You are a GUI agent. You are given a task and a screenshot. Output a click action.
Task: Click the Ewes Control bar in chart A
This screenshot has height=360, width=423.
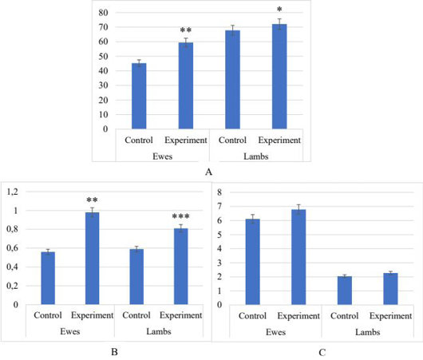point(139,96)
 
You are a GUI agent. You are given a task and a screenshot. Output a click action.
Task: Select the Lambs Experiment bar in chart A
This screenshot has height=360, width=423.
point(279,77)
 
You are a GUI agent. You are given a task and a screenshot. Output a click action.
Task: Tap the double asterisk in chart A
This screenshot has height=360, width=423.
point(186,30)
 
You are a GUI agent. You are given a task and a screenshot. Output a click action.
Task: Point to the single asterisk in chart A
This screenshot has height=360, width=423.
point(279,9)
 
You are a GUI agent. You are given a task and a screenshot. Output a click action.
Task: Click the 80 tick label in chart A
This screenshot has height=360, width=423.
point(103,13)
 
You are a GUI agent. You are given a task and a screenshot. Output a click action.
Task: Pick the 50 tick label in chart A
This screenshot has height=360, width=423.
point(103,57)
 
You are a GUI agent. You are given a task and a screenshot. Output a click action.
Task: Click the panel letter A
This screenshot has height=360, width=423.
point(208,172)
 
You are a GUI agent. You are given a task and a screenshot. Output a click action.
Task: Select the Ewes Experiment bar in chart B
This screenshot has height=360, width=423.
point(93,259)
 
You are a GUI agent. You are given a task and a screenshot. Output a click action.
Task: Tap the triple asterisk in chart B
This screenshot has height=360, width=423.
point(180,216)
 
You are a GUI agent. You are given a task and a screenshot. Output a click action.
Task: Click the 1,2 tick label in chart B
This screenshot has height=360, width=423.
point(13,192)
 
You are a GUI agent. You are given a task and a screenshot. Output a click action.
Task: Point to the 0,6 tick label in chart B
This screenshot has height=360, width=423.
point(13,248)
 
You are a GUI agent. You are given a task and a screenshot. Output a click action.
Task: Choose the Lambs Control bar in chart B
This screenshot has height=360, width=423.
point(136,277)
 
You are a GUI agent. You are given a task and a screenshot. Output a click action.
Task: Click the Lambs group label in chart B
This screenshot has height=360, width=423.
point(159,331)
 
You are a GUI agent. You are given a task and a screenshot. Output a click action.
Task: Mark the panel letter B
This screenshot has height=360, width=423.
point(114,352)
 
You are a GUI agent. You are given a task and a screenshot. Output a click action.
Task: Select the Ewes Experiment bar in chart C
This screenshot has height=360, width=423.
point(298,257)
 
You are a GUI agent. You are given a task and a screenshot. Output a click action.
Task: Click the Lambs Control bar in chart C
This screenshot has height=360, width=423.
point(345,291)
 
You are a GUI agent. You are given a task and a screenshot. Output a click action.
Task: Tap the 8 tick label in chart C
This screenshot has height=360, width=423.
point(219,192)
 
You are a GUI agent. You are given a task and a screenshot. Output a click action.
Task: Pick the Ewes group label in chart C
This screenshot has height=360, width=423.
point(275,332)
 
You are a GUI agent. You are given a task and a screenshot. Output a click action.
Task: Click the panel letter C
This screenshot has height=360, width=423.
point(322,352)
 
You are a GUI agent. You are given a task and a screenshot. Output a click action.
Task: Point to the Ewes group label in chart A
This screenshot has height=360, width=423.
point(162,156)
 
